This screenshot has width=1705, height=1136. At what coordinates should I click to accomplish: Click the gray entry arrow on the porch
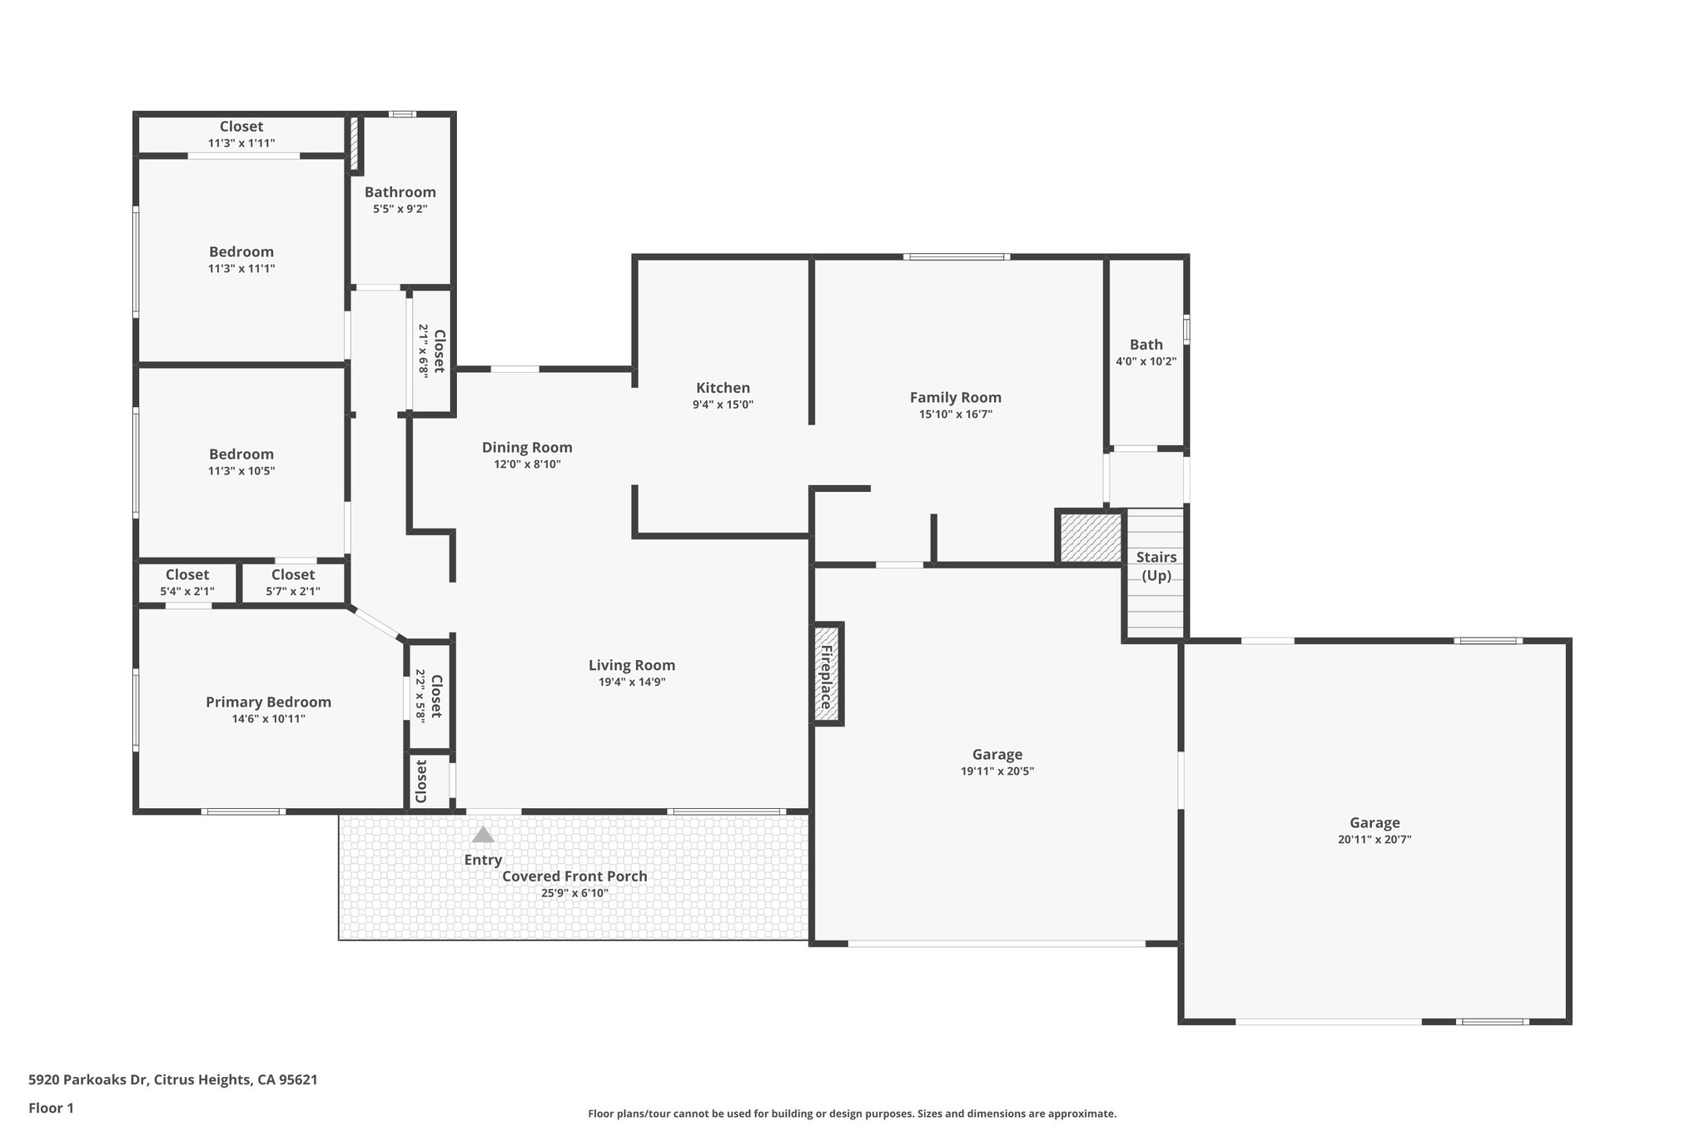click(483, 835)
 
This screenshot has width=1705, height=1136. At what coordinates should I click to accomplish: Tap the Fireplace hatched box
click(828, 674)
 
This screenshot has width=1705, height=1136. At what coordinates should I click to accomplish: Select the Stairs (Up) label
click(1156, 566)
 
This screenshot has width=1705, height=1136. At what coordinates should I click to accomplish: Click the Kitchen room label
click(723, 388)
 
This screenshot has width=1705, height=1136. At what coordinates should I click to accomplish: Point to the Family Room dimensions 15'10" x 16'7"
click(955, 414)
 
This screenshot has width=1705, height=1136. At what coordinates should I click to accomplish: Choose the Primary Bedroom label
click(268, 702)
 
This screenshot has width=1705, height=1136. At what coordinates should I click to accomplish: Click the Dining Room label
click(527, 448)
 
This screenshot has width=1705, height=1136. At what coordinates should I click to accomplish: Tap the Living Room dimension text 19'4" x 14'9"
click(631, 682)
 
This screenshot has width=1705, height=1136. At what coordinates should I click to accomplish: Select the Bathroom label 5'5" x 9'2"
click(400, 200)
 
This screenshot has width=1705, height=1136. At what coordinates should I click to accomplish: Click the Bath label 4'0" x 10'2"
click(1146, 352)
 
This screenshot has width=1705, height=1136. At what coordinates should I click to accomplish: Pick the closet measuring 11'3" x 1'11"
click(241, 134)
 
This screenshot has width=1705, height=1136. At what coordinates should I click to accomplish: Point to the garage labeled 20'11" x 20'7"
click(1374, 831)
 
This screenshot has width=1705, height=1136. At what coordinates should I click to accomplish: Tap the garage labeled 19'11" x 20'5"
click(997, 762)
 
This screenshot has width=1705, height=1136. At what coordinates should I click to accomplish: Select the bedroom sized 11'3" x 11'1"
click(241, 259)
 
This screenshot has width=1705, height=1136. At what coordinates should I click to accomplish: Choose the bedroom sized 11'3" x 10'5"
click(241, 462)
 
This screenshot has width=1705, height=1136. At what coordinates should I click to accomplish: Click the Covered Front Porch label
click(574, 876)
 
